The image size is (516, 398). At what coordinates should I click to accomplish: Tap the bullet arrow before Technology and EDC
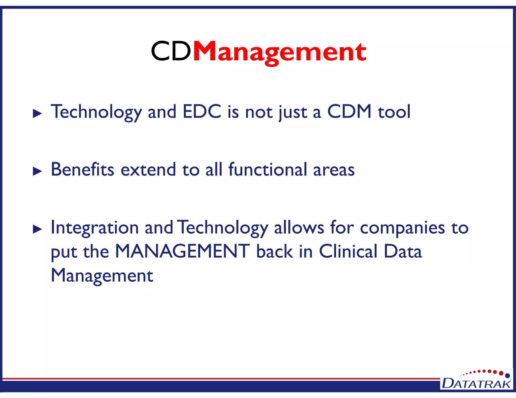click(37, 114)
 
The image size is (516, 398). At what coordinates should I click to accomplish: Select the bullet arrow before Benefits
click(37, 172)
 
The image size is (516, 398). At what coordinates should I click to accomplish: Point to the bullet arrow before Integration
click(37, 229)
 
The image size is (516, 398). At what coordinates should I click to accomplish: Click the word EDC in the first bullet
click(202, 111)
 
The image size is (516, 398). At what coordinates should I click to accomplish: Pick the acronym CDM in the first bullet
click(349, 111)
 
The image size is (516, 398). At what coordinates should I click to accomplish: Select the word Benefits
click(82, 169)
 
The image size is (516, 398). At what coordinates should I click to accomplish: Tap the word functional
click(268, 169)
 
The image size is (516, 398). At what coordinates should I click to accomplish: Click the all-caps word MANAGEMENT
click(182, 251)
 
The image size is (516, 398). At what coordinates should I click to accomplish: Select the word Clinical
click(348, 251)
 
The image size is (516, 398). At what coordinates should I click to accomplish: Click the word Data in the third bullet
click(403, 251)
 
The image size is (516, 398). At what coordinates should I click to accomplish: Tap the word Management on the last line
click(102, 275)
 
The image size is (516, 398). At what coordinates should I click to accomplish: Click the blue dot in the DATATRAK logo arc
click(507, 376)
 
